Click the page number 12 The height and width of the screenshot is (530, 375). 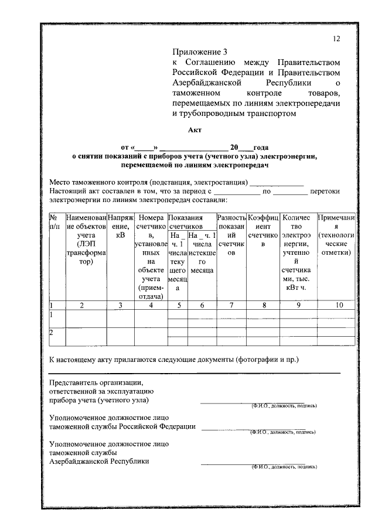point(336,39)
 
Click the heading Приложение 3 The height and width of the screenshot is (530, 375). point(200,52)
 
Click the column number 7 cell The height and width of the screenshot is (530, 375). point(231,305)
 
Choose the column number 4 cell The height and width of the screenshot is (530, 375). point(151,305)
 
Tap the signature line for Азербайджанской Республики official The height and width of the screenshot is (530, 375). point(253,464)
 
